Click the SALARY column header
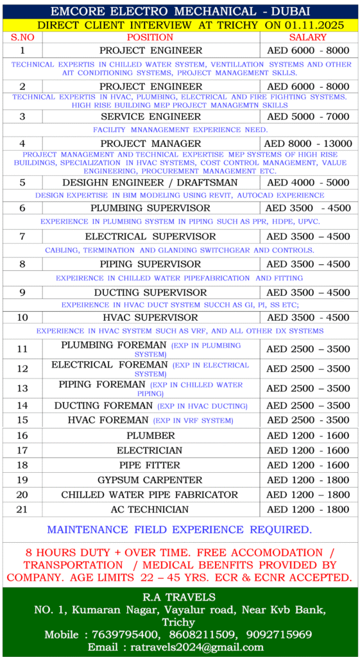point(308,37)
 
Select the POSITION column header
point(150,37)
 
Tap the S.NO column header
point(22,37)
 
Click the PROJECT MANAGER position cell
point(151,143)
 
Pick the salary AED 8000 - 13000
point(308,143)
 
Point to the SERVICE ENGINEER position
point(151,117)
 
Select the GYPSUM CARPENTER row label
point(150,480)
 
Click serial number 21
point(22,509)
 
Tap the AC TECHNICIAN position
point(150,509)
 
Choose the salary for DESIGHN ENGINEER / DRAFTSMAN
point(308,182)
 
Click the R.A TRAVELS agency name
point(180,597)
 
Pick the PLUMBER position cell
point(150,436)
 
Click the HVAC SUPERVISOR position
point(150,318)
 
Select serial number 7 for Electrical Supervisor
point(22,237)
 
